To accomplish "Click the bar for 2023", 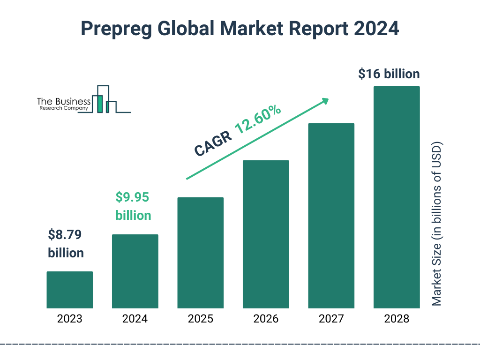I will pos(69,290).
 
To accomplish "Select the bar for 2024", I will pos(135,271).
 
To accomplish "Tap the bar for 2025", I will pos(200,253).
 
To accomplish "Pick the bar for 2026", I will pos(266,234).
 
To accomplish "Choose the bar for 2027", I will pos(331,216).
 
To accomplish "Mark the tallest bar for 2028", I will pos(397,197).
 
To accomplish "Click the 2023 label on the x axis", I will pos(69,319).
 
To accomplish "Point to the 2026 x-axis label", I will pos(266,319).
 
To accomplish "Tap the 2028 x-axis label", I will pos(397,319).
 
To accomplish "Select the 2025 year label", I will pos(200,319).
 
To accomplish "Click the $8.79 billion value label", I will pos(66,244).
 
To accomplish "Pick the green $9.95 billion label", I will pos(133,206).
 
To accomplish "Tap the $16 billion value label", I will pos(389,74).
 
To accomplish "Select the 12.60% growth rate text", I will pos(258,120).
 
